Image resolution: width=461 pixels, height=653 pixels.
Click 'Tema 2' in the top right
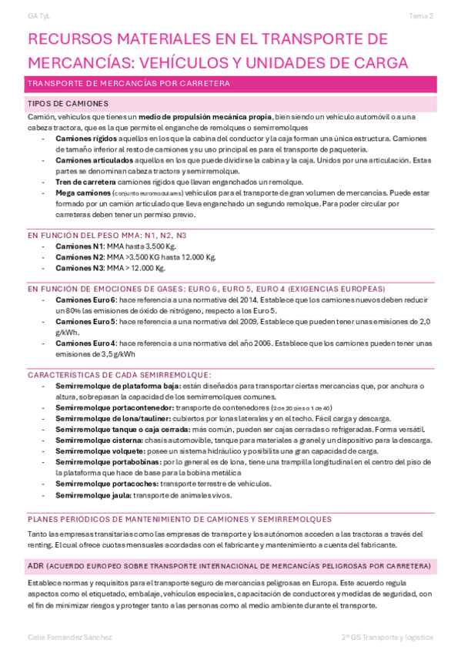pyautogui.click(x=421, y=15)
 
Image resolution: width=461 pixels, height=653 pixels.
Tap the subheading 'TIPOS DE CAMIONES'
pyautogui.click(x=67, y=103)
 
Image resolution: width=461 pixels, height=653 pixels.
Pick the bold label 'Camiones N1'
pyautogui.click(x=80, y=246)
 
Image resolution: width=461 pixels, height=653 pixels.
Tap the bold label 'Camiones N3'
pyautogui.click(x=80, y=268)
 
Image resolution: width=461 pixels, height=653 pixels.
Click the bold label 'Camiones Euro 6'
pyautogui.click(x=86, y=299)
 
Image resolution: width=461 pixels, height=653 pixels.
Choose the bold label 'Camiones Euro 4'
pyautogui.click(x=86, y=343)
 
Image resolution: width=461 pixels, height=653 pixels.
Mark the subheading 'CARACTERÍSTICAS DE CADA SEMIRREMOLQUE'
pyautogui.click(x=119, y=374)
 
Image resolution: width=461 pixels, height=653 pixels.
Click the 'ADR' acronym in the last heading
pyautogui.click(x=35, y=565)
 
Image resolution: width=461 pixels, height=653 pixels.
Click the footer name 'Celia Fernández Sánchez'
pyautogui.click(x=70, y=638)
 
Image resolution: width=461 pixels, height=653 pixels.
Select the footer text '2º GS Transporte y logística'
pyautogui.click(x=387, y=638)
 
